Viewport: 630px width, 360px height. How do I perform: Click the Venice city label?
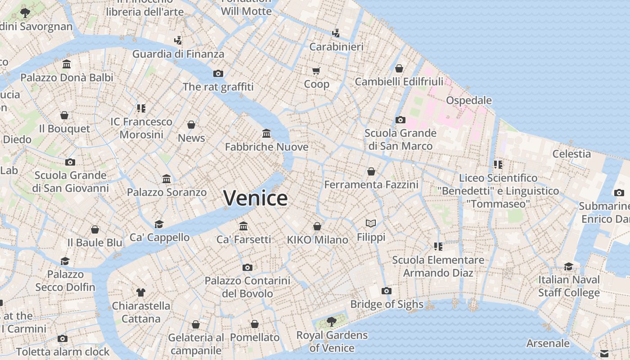point(255,198)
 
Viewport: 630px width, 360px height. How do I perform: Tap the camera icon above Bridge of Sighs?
point(386,291)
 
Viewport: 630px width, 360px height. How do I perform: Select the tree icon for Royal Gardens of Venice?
point(332,321)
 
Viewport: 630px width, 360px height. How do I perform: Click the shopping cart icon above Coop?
point(316,71)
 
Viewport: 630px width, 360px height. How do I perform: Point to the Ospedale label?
point(468,100)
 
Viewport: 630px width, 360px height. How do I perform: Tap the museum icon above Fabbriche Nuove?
point(266,134)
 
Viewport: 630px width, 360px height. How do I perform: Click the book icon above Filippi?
point(371,223)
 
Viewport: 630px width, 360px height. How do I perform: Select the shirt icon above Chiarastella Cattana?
point(141,292)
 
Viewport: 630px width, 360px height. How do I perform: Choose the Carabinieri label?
point(336,47)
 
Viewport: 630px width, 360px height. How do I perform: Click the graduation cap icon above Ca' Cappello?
point(159,224)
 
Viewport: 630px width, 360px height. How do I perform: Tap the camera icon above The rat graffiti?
point(218,73)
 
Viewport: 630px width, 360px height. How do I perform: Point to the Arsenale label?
point(548,343)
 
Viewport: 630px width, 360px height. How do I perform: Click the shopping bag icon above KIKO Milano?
point(317,226)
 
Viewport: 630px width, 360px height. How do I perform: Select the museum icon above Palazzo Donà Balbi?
point(67,64)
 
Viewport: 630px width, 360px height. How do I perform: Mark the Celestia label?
point(571,154)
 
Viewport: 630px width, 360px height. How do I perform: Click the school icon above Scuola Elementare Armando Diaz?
point(438,246)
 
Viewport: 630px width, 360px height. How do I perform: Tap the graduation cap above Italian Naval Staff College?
point(569,266)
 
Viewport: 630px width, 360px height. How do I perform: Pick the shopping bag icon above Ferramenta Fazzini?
point(371,171)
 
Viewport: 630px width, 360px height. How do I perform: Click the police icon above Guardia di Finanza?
point(178,40)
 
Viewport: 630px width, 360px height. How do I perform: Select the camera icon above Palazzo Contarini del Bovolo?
point(247,267)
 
